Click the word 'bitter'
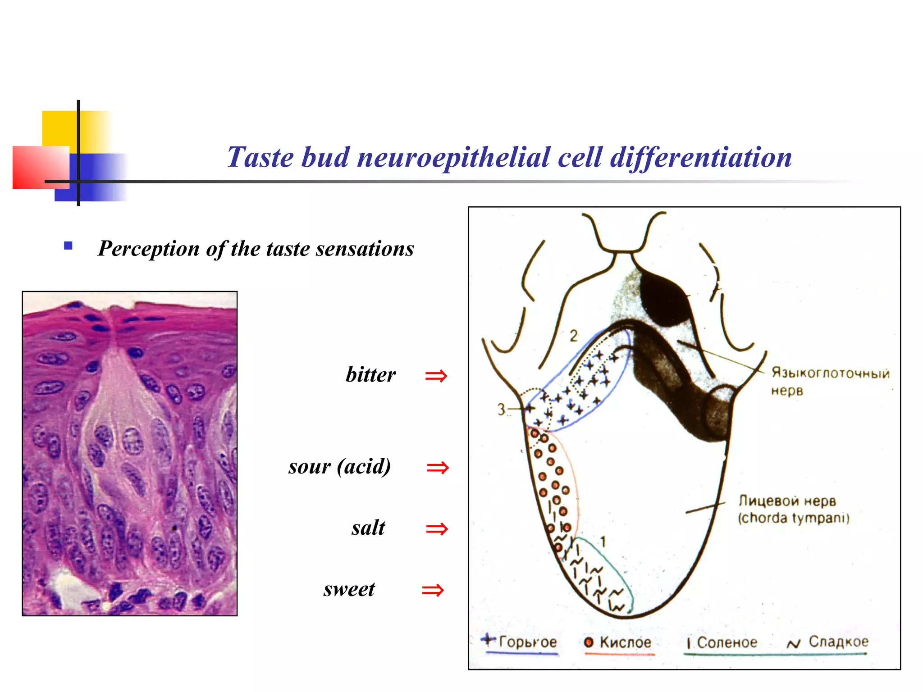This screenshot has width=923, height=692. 370,375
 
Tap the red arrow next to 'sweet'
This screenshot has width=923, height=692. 433,590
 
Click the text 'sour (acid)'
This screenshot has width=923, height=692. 339,466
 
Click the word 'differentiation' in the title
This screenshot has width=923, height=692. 700,158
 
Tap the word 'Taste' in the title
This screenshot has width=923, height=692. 260,158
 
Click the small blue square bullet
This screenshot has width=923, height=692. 69,246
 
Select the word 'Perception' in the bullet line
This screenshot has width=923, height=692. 149,249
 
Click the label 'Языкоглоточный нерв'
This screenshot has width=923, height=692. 829,381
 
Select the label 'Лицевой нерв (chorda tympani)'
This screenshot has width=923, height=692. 793,510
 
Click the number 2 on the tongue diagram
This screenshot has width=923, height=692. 573,336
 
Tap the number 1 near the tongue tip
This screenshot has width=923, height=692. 603,542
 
